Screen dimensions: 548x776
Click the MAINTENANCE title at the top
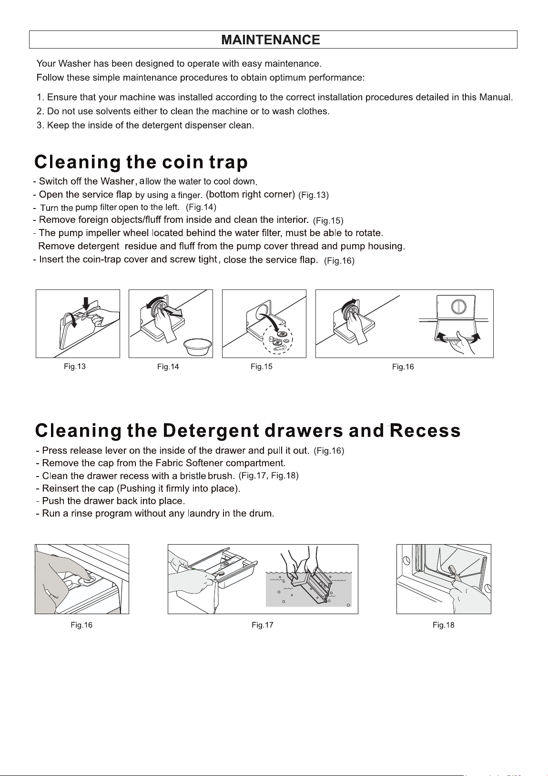point(271,40)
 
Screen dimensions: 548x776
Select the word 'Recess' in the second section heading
point(426,431)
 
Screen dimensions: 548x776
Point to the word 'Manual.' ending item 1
point(496,97)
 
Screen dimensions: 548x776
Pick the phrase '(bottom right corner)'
point(251,194)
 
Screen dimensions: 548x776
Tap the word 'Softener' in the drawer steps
point(204,463)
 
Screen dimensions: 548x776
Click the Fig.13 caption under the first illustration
point(74,367)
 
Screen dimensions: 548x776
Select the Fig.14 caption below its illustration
point(168,367)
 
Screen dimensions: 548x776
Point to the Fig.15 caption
point(262,367)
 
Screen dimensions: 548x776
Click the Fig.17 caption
point(263,625)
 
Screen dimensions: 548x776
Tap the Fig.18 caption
point(443,625)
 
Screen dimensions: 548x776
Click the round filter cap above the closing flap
point(458,306)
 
